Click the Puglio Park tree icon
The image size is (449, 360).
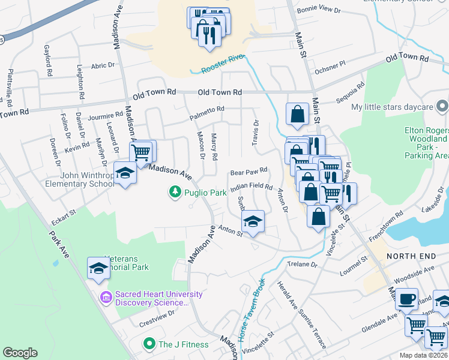coord(175,192)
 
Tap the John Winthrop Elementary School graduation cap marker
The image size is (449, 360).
coord(125,174)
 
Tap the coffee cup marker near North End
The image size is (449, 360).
coord(406,298)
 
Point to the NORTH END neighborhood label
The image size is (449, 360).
coord(410,256)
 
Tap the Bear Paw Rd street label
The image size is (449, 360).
coord(248,172)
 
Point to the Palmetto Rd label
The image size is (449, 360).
coord(207,109)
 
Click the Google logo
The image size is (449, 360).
coord(20,353)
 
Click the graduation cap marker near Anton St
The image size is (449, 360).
coord(253,221)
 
